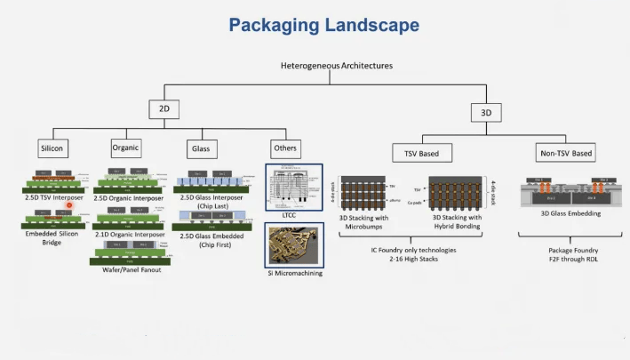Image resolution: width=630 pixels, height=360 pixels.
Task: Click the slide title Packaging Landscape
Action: [x=323, y=25]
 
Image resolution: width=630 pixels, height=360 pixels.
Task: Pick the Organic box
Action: [x=126, y=147]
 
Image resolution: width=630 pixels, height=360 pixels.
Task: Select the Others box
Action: [x=285, y=148]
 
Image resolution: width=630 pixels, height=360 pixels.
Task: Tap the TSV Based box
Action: [x=422, y=153]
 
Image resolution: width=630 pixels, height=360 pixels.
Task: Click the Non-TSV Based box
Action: [x=565, y=153]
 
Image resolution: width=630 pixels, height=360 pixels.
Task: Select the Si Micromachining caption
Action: [x=294, y=273]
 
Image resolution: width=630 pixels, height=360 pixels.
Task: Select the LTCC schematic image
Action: [x=294, y=185]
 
